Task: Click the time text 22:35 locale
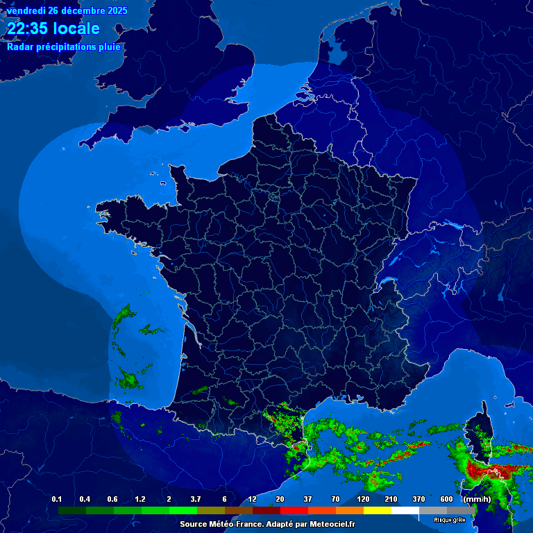coord(53,28)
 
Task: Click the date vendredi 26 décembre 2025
coord(67,10)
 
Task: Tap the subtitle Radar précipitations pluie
coord(64,47)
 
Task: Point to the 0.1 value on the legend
coord(57,500)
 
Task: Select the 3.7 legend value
coord(196,500)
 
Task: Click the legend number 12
coord(252,500)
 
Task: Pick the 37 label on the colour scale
coord(307,500)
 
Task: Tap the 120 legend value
coord(363,500)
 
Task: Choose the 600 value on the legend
coord(446,500)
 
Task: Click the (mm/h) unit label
coord(477,500)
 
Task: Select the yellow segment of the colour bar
coord(378,510)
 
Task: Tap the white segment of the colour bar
coord(405,510)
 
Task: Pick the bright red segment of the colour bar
coord(294,510)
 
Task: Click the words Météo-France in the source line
coord(236,525)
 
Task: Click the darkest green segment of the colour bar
coord(71,510)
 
